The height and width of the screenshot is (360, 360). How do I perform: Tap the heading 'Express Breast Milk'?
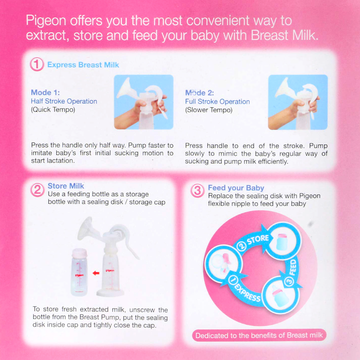point(83,65)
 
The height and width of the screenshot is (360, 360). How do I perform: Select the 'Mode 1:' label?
point(42,92)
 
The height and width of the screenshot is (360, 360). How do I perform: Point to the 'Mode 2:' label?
point(197,92)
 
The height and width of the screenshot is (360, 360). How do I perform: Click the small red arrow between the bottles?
point(96,273)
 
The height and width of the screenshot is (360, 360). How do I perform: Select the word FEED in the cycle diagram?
point(294,267)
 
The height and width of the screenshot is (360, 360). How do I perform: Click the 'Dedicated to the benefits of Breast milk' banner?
point(259,336)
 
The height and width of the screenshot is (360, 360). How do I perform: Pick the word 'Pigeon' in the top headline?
point(46,21)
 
